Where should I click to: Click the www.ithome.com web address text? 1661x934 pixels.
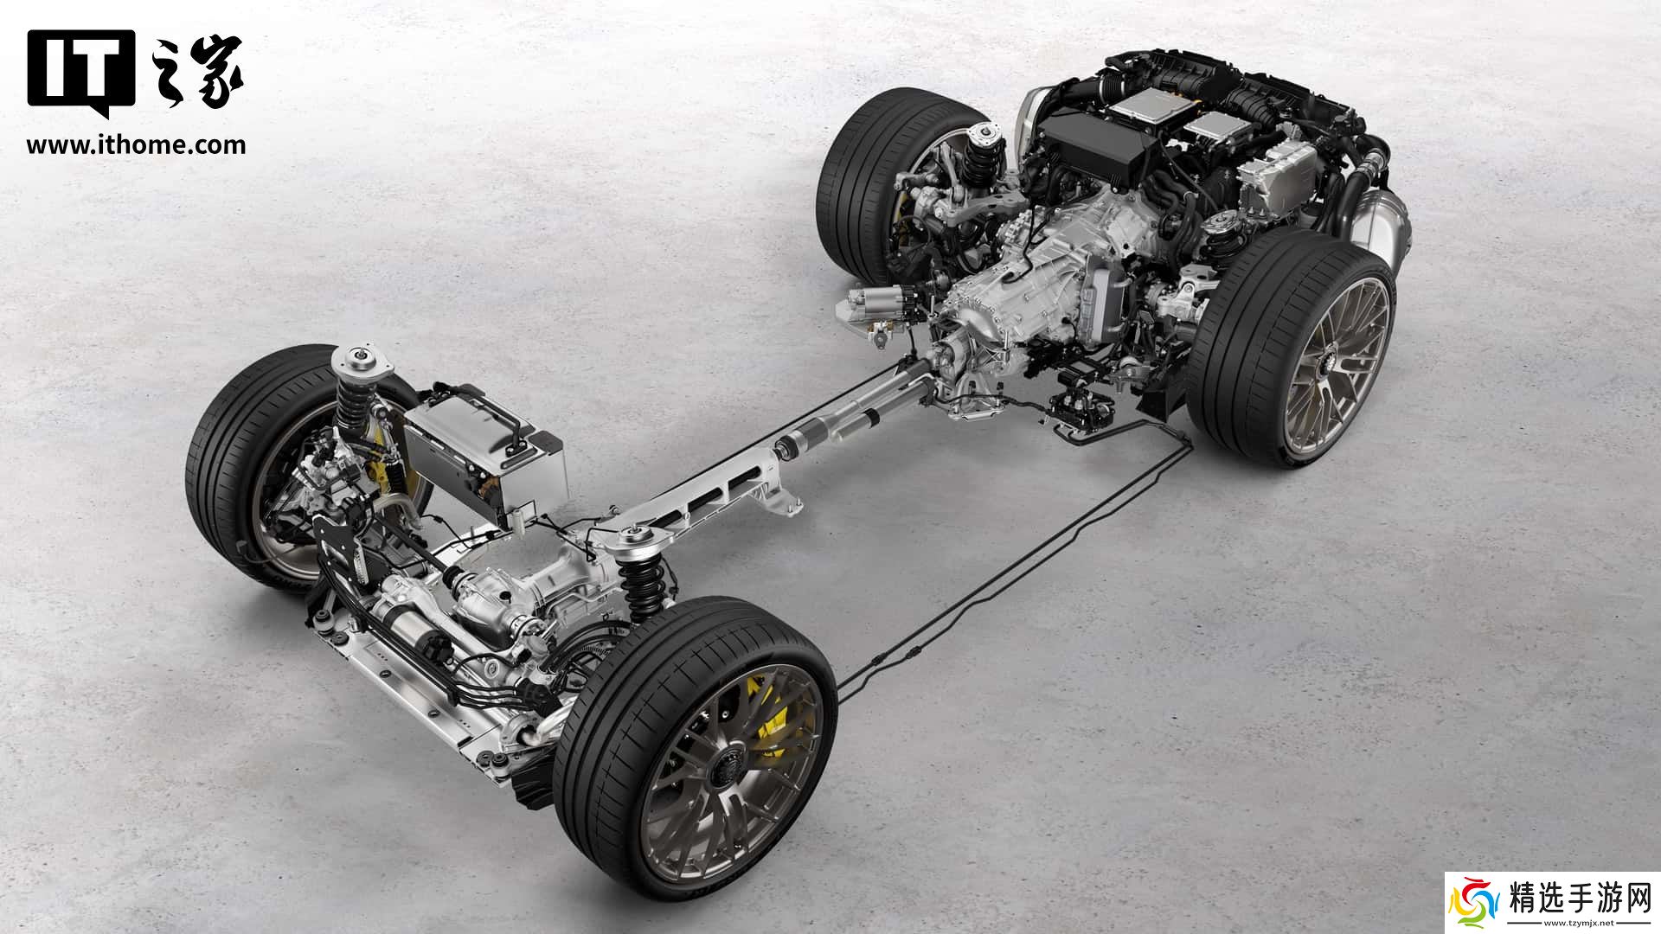click(x=136, y=144)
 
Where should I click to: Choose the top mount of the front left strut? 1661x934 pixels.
click(x=355, y=361)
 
